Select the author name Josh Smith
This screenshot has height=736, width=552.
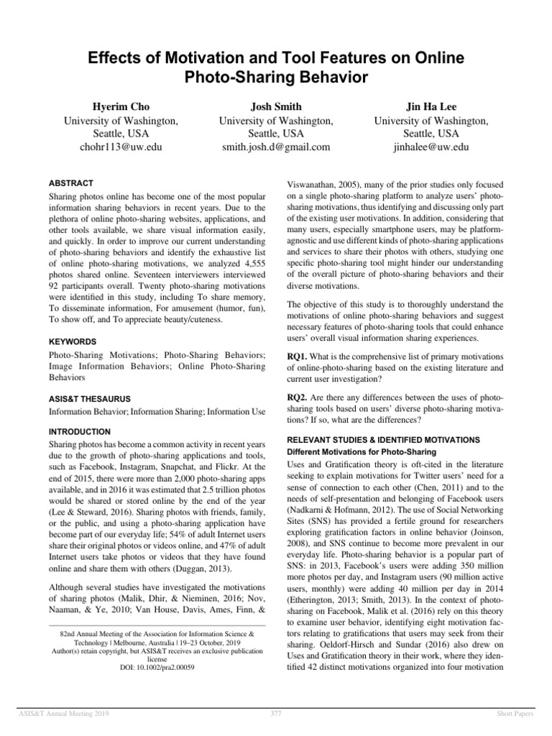click(276, 107)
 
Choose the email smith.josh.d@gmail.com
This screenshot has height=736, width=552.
click(276, 147)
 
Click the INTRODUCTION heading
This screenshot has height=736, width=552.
click(79, 432)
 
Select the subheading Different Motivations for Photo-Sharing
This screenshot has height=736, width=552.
click(362, 451)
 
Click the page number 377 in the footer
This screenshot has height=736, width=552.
click(276, 712)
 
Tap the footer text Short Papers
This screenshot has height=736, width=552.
click(518, 712)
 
